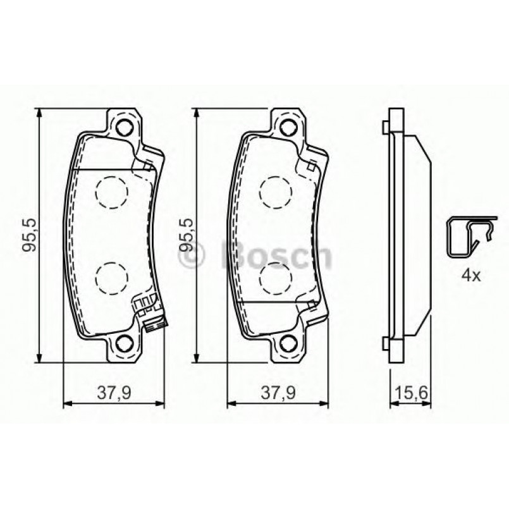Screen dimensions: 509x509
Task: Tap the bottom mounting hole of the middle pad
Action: [x=288, y=345]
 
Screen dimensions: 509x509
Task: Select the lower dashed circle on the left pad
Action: [x=112, y=277]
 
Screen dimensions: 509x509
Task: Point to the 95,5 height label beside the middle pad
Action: [x=187, y=236]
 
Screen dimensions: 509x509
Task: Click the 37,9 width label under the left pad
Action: [x=114, y=392]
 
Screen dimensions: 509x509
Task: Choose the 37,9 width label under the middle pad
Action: [x=276, y=392]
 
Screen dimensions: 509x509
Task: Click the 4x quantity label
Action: [x=470, y=275]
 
